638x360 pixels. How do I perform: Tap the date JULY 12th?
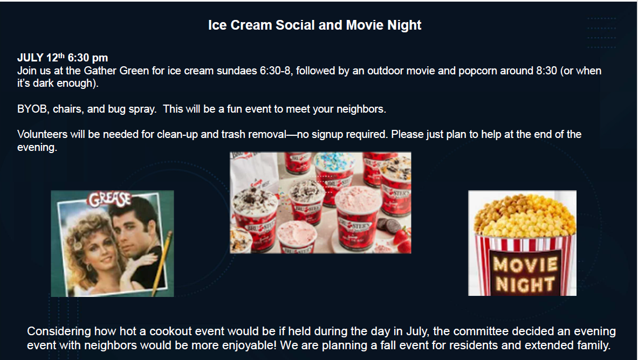[x=40, y=57]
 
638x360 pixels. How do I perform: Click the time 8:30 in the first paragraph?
[x=546, y=71]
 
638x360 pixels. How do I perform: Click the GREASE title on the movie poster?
[x=110, y=199]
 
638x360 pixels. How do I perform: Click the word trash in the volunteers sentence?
[x=233, y=134]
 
